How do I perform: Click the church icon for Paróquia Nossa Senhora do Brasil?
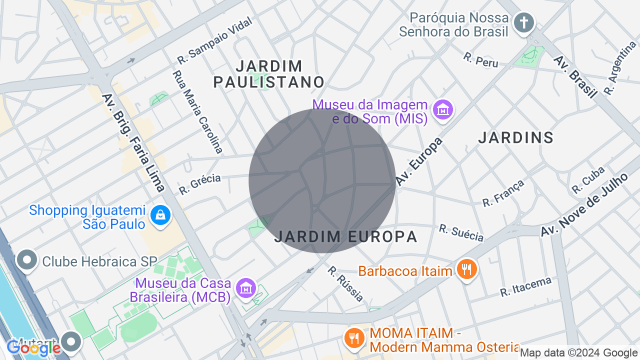pyautogui.click(x=523, y=23)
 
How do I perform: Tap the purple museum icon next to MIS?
pyautogui.click(x=443, y=109)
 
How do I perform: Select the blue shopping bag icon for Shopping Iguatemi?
pyautogui.click(x=160, y=216)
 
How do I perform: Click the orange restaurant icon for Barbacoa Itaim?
pyautogui.click(x=466, y=270)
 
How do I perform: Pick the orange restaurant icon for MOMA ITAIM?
pyautogui.click(x=354, y=338)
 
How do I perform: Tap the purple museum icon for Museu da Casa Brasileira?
pyautogui.click(x=245, y=288)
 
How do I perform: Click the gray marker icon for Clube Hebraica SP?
pyautogui.click(x=27, y=260)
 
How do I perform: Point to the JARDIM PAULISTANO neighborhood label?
pyautogui.click(x=269, y=74)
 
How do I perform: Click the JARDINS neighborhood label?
pyautogui.click(x=516, y=137)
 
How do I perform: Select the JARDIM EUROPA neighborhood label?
pyautogui.click(x=346, y=236)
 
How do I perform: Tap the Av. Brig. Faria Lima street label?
pyautogui.click(x=133, y=142)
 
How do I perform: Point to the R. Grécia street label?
pyautogui.click(x=200, y=184)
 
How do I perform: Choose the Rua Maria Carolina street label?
pyautogui.click(x=197, y=111)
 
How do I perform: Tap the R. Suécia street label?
pyautogui.click(x=461, y=232)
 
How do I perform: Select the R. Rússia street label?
pyautogui.click(x=345, y=284)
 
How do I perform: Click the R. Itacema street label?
pyautogui.click(x=525, y=287)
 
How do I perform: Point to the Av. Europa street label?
pyautogui.click(x=419, y=161)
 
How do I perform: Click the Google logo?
pyautogui.click(x=33, y=348)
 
